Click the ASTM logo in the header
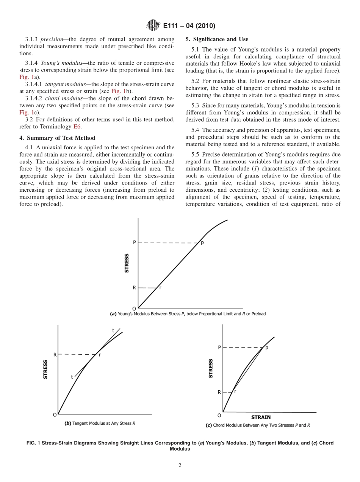(x=152, y=26)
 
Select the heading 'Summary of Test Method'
(x=60, y=138)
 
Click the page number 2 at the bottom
(x=180, y=466)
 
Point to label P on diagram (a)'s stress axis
(x=134, y=243)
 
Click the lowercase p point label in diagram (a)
(x=202, y=243)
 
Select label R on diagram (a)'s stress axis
(x=134, y=288)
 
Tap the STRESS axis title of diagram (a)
(x=127, y=263)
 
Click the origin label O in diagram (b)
(x=55, y=415)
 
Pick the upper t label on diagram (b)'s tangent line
(x=113, y=330)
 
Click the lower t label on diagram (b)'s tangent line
(x=72, y=377)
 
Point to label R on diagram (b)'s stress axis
(x=55, y=355)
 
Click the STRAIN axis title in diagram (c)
(x=261, y=417)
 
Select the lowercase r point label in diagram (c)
(x=235, y=391)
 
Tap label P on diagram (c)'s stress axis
(x=219, y=347)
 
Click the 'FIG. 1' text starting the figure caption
(x=33, y=443)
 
